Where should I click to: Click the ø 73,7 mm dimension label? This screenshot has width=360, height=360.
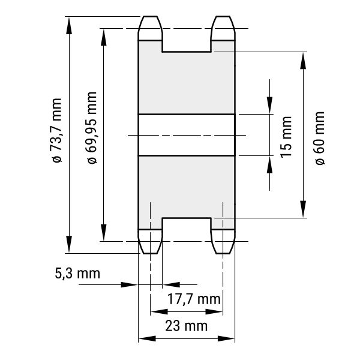coord(57,131)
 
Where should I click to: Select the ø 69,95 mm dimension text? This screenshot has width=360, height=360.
coord(92,128)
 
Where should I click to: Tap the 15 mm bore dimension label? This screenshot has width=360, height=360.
coord(286,137)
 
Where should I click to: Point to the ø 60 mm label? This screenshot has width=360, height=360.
coord(320,138)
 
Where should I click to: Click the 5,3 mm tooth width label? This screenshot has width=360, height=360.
coord(77,274)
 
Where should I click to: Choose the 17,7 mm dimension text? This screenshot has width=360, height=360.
coord(194,299)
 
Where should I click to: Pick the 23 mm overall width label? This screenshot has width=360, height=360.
coord(186,326)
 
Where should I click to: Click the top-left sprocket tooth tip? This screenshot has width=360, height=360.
coord(151,17)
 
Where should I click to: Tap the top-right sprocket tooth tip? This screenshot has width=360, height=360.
coord(223,17)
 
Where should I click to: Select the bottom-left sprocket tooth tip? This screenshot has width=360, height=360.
coord(151,253)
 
